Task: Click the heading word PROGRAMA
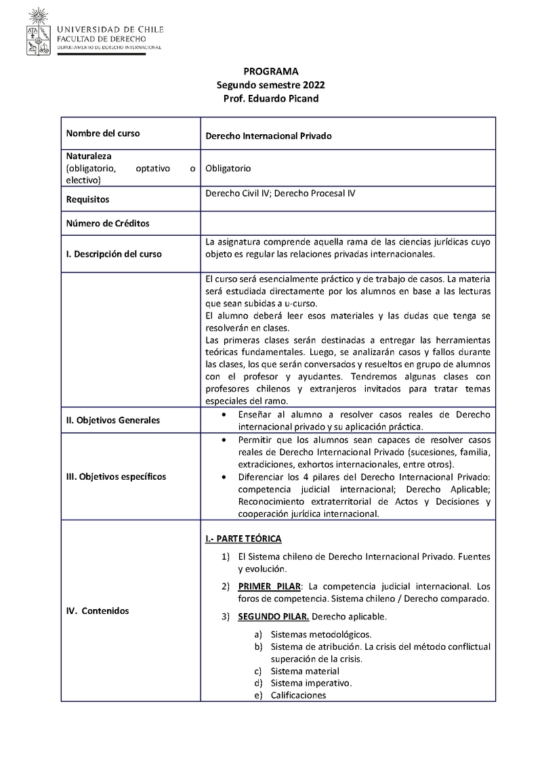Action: click(270, 71)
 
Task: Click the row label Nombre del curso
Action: click(103, 133)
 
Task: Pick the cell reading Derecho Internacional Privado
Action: click(268, 136)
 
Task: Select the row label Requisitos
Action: click(87, 200)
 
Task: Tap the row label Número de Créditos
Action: click(108, 223)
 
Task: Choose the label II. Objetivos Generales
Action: click(113, 420)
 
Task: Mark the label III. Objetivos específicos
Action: click(116, 476)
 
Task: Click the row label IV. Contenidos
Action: click(98, 610)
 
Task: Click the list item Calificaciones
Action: click(298, 695)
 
